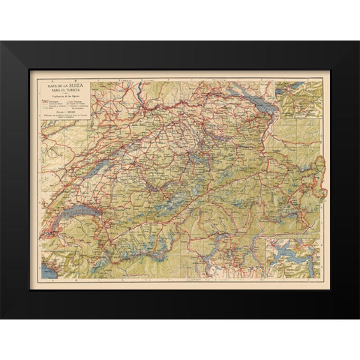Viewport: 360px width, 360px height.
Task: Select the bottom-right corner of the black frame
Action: point(357,316)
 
